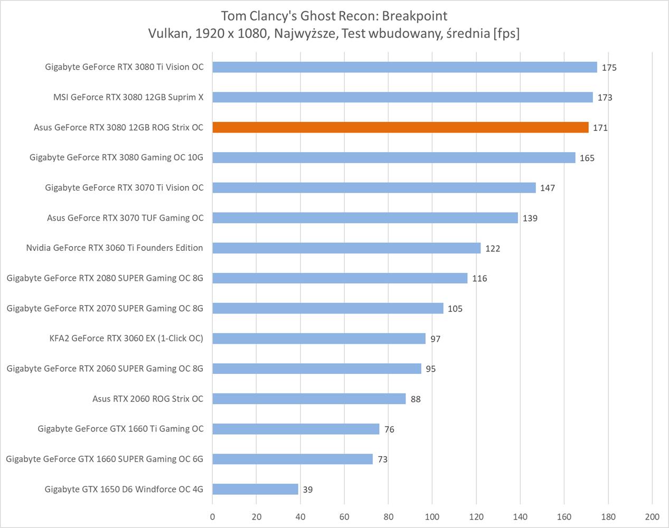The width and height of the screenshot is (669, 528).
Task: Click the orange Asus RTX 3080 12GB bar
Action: point(400,127)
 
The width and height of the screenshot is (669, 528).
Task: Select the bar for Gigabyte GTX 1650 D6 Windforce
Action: point(255,489)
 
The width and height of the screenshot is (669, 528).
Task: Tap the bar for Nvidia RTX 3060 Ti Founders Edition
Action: point(346,248)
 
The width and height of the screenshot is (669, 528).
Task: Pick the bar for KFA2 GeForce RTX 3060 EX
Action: point(319,338)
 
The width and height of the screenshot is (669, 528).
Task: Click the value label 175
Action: point(609,68)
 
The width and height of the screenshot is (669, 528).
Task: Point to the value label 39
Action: point(308,489)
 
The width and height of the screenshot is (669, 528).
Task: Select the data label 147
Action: point(547,188)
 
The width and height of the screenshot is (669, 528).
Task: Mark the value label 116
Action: point(479,278)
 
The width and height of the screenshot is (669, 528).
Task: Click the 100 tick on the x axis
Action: point(432,517)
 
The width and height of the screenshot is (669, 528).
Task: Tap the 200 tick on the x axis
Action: point(652,517)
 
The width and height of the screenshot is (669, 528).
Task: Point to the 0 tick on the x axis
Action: point(213,517)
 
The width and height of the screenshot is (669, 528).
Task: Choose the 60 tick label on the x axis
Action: point(344,517)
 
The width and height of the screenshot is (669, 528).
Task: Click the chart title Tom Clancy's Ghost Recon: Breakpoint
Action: point(334,16)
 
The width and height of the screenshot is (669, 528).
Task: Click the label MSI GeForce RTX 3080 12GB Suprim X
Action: point(128,97)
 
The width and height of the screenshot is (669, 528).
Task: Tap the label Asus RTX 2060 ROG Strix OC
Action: point(148,399)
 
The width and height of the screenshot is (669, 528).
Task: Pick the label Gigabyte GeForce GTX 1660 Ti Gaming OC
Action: point(120,429)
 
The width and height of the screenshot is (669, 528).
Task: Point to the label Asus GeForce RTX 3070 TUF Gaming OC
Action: point(125,218)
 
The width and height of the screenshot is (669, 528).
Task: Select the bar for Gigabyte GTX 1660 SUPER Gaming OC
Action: point(293,459)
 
